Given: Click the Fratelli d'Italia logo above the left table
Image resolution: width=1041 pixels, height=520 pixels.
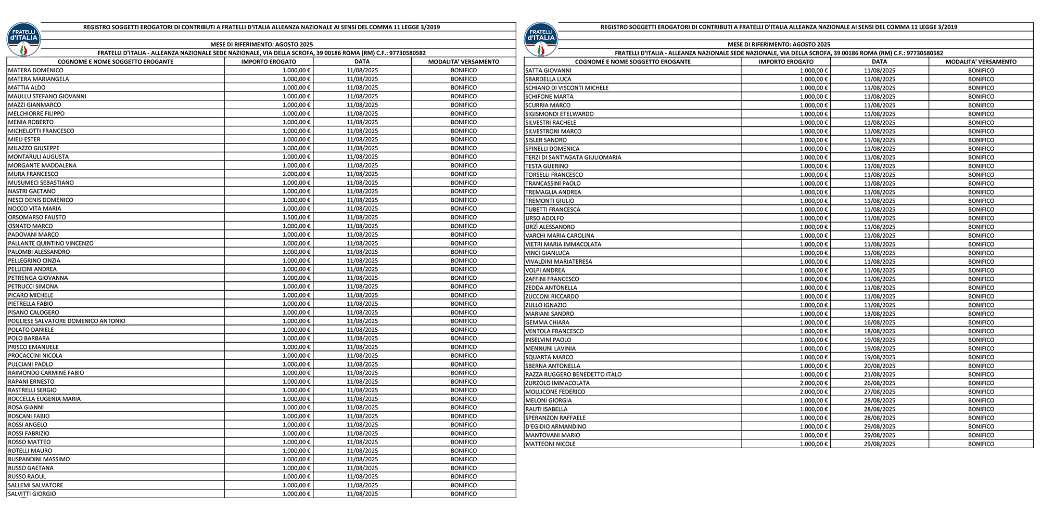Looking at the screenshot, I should coord(23,39).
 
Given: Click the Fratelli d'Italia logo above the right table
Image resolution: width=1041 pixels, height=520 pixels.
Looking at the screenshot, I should coord(541,39).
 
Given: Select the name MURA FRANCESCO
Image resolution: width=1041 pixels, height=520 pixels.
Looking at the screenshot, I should coord(33,174).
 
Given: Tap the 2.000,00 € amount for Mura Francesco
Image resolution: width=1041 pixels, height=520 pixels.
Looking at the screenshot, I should coord(296,174).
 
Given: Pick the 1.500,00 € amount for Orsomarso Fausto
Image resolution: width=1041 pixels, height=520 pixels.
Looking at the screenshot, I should coord(296,217).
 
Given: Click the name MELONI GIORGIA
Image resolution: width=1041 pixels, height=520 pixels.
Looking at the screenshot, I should coord(549,400).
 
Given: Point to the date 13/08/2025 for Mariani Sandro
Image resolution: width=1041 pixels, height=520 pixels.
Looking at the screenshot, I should coord(880,314).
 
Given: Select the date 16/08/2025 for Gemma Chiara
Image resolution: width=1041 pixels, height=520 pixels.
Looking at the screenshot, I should coord(880,322).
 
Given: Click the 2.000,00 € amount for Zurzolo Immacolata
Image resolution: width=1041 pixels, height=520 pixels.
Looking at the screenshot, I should coord(814,383).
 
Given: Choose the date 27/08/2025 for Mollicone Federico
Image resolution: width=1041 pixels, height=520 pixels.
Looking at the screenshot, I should coord(880,392).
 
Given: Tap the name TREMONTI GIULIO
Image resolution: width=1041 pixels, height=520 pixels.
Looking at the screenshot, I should coord(550,201).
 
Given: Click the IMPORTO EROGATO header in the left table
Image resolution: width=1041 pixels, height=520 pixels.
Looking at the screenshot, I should coord(269,62).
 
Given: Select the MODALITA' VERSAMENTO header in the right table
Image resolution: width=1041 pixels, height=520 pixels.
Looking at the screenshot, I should coord(981,62).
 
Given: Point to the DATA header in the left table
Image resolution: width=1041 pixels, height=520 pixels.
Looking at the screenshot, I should coord(362,62).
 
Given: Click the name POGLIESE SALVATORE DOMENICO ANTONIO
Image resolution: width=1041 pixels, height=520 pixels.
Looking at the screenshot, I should coord(67,321).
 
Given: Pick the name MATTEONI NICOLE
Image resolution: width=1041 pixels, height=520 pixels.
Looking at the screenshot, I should coord(551,444).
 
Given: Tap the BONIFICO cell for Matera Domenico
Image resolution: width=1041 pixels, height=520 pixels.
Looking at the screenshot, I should coord(464,70).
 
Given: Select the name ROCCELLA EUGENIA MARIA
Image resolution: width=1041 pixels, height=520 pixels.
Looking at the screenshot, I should coord(44,399).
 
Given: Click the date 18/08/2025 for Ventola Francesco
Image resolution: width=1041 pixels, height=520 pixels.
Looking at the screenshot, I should coord(880,331).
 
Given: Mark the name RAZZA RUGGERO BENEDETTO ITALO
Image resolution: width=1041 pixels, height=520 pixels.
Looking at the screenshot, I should coord(574,374).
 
